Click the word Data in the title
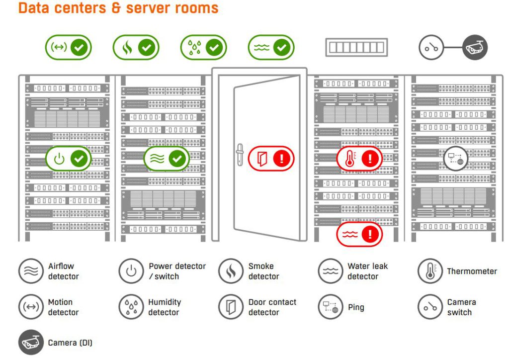[x=34, y=8]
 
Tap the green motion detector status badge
[x=69, y=48]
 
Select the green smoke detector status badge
[x=136, y=48]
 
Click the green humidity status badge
[x=203, y=48]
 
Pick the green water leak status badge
[x=271, y=48]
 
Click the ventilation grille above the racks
[x=356, y=48]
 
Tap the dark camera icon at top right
[x=475, y=48]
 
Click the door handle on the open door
[x=239, y=156]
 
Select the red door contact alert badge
[x=271, y=159]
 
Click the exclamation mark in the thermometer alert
[x=369, y=159]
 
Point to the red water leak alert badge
[x=359, y=233]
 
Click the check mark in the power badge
[x=80, y=159]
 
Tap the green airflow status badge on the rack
[x=167, y=159]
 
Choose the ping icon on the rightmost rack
[x=455, y=159]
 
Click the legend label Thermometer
[x=472, y=271]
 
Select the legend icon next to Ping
[x=331, y=307]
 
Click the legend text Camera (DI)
[x=70, y=343]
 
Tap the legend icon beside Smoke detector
[x=231, y=271]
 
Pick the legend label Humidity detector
[x=165, y=307]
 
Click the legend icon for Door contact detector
[x=231, y=307]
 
